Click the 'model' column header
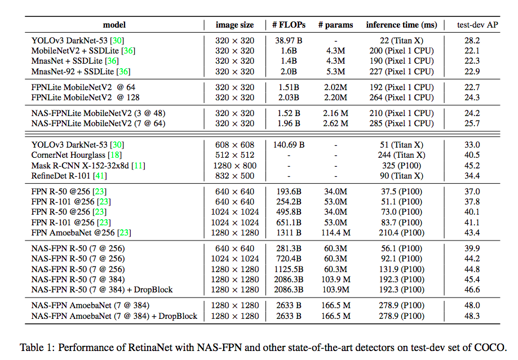[x=114, y=25]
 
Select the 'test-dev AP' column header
[x=477, y=25]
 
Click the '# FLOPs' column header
[x=289, y=25]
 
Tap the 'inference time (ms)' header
[x=401, y=25]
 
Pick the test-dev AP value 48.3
[x=472, y=316]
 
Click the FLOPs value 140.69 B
[x=289, y=145]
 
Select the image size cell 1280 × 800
[x=235, y=166]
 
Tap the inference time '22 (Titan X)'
[x=401, y=41]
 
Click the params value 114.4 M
[x=335, y=232]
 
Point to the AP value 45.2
[x=472, y=166]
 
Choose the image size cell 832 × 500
[x=235, y=176]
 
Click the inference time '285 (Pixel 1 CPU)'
[x=401, y=123]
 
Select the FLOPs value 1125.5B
[x=289, y=269]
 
